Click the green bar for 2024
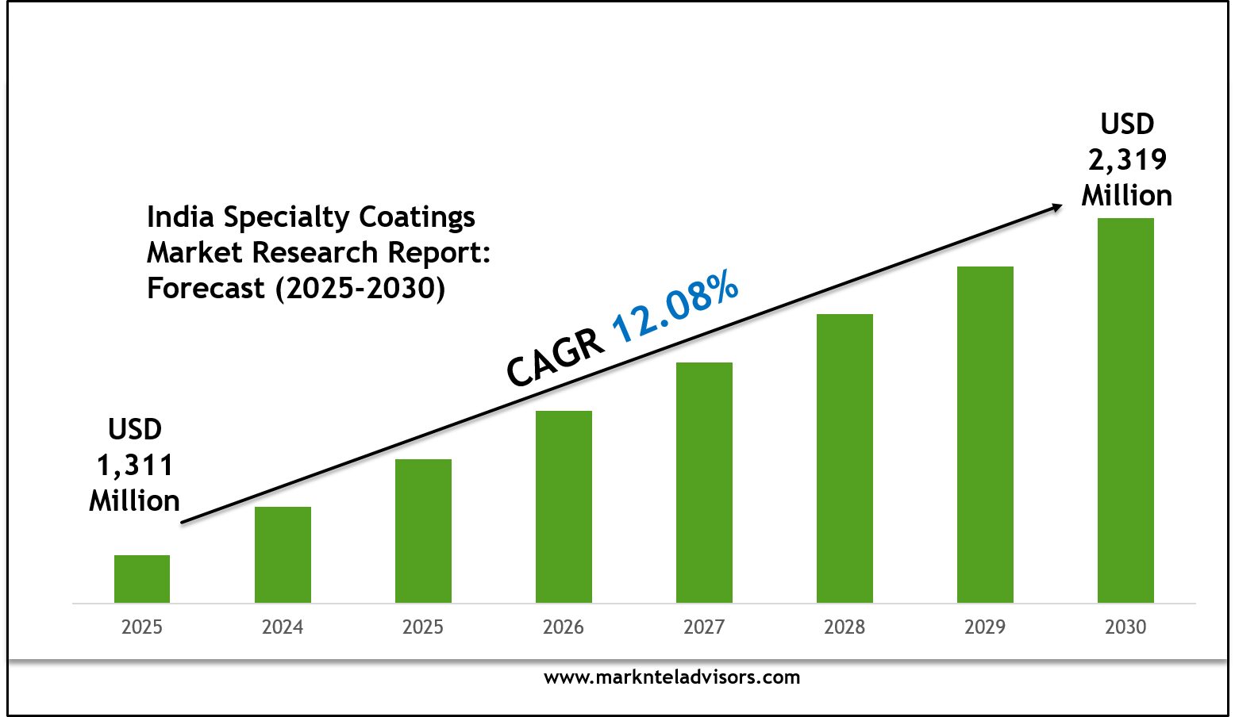point(283,554)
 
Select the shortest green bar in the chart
point(142,578)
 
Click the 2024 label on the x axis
point(283,627)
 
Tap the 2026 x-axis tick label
point(564,627)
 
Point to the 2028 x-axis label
point(844,627)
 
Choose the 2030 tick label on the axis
point(1125,627)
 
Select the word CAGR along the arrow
point(555,359)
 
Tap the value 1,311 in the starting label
point(135,466)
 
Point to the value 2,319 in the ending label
point(1127,159)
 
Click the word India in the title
point(180,217)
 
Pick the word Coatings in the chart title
point(417,217)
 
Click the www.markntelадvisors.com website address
point(671,677)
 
